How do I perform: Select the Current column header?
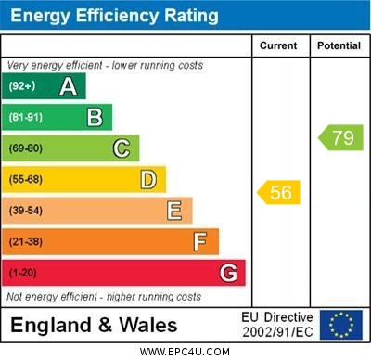(278, 45)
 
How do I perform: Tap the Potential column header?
(339, 45)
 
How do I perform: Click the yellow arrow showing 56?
(278, 192)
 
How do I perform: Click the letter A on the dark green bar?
(68, 86)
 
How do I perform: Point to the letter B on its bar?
(95, 117)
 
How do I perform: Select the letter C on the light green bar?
(122, 148)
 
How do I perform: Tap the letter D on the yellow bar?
(148, 179)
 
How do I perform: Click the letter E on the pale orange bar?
(174, 211)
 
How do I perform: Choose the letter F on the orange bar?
(200, 242)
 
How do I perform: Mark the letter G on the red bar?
(228, 273)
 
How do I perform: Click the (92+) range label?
(22, 86)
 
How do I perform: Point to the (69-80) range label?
(26, 148)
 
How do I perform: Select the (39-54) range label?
(26, 211)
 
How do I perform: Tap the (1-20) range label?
(23, 273)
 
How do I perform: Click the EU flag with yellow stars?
(341, 325)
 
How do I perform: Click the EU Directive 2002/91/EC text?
(277, 325)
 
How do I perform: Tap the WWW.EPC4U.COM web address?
(185, 352)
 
